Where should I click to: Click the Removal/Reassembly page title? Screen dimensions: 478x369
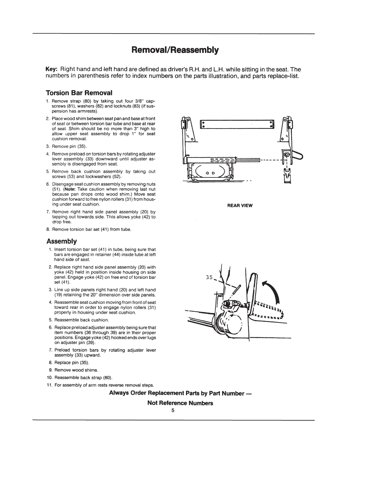pyautogui.click(x=175, y=50)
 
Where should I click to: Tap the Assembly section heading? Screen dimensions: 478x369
pyautogui.click(x=61, y=241)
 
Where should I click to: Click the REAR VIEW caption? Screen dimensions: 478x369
pyautogui.click(x=240, y=206)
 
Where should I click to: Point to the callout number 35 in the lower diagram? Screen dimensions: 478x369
pyautogui.click(x=210, y=278)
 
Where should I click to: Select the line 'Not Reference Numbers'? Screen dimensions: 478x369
pyautogui.click(x=180, y=403)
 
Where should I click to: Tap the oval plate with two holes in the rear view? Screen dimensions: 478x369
pyautogui.click(x=210, y=173)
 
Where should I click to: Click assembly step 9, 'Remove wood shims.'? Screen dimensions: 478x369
pyautogui.click(x=72, y=370)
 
